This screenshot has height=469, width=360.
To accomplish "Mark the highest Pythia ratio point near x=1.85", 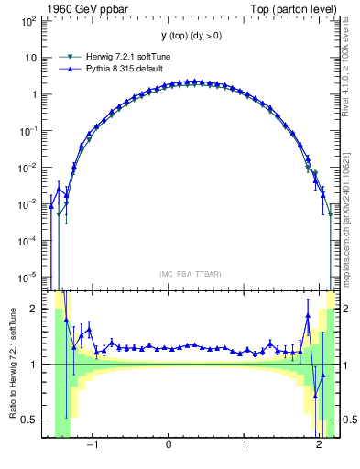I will click(x=308, y=315).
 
